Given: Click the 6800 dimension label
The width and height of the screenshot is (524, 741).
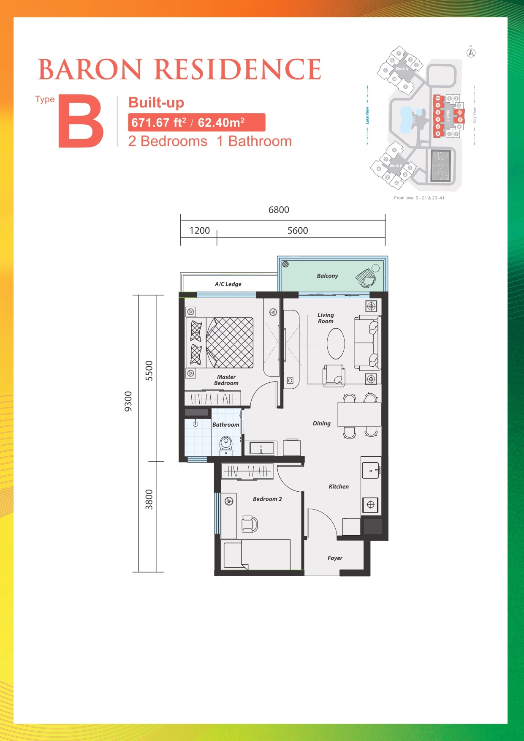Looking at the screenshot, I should click(x=279, y=210).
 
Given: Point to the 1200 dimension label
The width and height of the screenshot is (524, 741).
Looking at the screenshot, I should click(x=199, y=231).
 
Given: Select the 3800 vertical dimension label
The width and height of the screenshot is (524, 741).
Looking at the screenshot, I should click(x=149, y=499).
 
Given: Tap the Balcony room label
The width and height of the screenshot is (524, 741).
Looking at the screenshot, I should click(x=327, y=276).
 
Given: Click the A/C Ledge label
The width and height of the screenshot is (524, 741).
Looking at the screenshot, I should click(x=228, y=284).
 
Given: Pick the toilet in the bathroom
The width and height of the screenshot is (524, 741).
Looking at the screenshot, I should click(x=226, y=445).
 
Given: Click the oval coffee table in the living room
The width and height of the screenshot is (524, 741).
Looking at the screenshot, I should click(x=336, y=343).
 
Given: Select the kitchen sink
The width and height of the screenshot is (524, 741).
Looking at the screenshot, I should click(x=370, y=470).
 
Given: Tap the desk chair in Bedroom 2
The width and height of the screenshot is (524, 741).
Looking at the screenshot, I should click(x=249, y=524).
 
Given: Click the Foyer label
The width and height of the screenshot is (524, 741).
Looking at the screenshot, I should click(x=335, y=558).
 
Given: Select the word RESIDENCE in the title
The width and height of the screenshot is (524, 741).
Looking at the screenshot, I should click(x=238, y=70).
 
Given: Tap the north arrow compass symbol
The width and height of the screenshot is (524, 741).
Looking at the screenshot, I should click(x=471, y=53).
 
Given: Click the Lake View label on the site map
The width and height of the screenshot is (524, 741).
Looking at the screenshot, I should click(x=367, y=115).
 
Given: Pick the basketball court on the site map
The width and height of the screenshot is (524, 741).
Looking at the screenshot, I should click(x=441, y=165).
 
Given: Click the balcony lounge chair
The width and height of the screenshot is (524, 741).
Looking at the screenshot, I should click(x=366, y=278).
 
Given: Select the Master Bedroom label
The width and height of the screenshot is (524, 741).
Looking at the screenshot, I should click(x=226, y=380).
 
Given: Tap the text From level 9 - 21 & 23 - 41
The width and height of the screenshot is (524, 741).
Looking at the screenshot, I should click(x=419, y=198).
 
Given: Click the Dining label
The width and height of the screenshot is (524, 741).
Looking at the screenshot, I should click(x=321, y=423).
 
